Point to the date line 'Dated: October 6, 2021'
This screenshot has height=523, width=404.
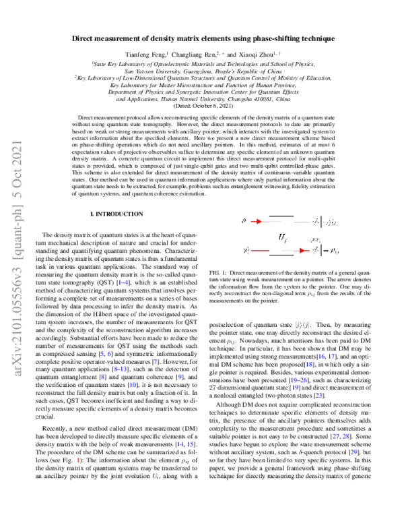(x=202, y=106)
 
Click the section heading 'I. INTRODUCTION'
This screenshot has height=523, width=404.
(x=116, y=213)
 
